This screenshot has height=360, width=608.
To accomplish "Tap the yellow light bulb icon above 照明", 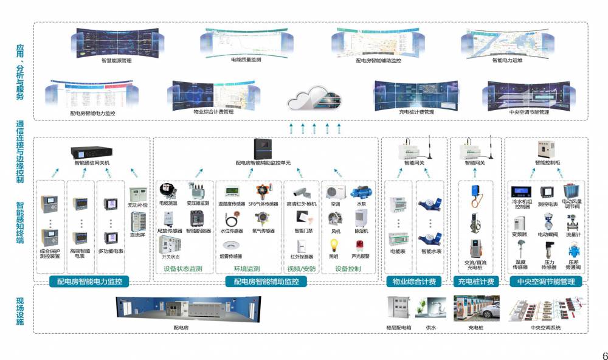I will pyautogui.click(x=334, y=244).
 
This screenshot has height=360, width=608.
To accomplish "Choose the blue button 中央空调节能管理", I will pyautogui.click(x=545, y=282).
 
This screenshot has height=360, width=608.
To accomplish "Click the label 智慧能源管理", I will pyautogui.click(x=117, y=61).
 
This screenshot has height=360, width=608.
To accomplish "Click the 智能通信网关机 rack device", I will pyautogui.click(x=91, y=151).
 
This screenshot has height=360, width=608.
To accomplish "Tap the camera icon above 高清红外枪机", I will pyautogui.click(x=301, y=192).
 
